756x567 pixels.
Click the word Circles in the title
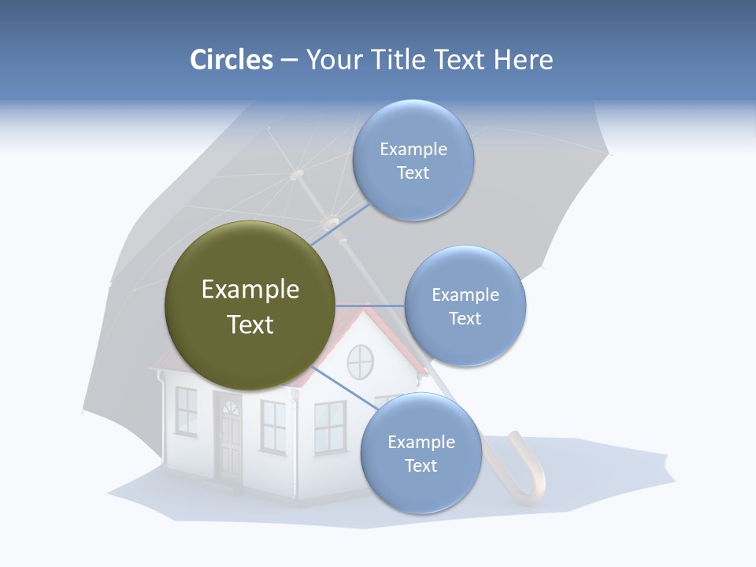pos(231,60)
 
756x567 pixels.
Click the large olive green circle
pos(250,306)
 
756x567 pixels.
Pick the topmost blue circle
pos(413,160)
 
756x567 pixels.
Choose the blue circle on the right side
pos(465,306)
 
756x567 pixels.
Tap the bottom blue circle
pos(421,453)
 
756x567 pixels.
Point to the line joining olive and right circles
pos(370,306)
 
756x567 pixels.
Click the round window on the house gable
pos(360,361)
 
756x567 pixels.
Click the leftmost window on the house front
pos(186,410)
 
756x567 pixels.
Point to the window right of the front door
pos(272,426)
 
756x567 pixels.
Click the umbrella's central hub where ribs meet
pos(297,174)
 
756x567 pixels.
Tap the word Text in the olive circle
pos(250,324)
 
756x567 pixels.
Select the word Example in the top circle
pos(413,149)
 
